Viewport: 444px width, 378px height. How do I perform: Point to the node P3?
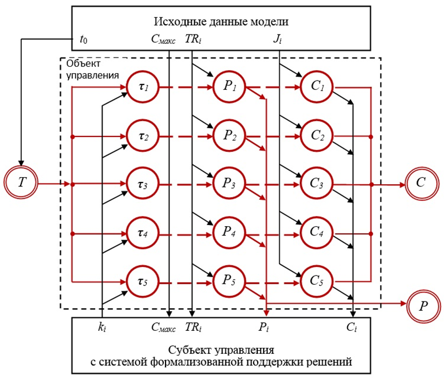229,184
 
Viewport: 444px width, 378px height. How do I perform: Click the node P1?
229,88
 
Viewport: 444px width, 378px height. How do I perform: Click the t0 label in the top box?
84,40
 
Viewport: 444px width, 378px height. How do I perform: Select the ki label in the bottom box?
103,327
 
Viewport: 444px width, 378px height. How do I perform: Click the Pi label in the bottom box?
266,327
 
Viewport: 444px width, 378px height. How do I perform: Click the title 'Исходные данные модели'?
221,22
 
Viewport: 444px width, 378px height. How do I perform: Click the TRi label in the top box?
192,40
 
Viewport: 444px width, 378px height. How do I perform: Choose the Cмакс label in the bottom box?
165,327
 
